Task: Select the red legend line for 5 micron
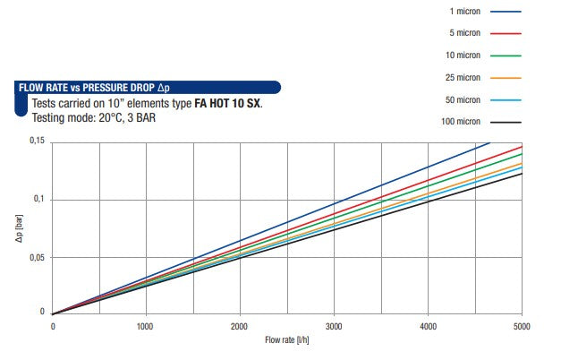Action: coord(506,33)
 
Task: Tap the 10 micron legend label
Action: coord(462,56)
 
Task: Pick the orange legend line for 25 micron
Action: coord(506,77)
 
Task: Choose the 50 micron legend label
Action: coord(462,99)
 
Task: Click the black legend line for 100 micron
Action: coord(506,121)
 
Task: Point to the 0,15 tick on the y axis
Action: coord(37,141)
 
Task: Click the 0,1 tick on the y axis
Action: coord(39,199)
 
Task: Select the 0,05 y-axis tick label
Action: coord(37,258)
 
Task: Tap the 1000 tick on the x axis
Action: coord(146,326)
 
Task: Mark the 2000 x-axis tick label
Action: coord(240,326)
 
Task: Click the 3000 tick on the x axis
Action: coord(334,326)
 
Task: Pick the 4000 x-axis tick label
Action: coord(428,326)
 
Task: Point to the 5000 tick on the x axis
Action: coord(522,326)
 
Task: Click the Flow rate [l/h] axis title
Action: coord(287,341)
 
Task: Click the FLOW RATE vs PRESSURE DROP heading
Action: coord(94,88)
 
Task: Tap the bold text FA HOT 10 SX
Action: coord(228,103)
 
